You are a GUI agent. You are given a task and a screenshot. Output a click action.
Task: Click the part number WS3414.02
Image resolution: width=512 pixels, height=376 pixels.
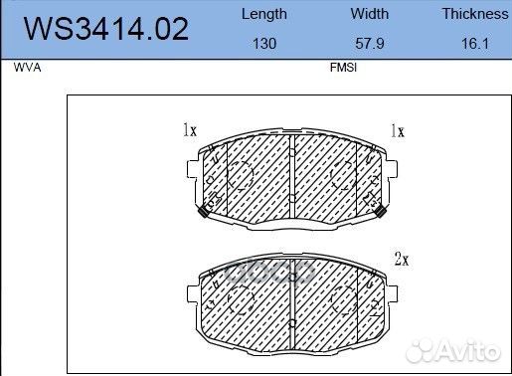click(106, 29)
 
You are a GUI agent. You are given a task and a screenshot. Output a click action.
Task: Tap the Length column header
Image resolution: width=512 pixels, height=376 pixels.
click(264, 14)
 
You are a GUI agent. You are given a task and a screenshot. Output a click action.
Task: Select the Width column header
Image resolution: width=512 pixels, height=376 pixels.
click(370, 14)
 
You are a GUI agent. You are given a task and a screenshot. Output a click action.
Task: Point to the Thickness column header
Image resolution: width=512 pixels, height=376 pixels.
click(475, 14)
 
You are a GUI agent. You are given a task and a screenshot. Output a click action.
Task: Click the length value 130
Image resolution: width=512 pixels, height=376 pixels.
click(264, 44)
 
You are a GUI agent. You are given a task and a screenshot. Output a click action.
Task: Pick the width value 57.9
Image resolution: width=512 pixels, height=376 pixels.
click(370, 44)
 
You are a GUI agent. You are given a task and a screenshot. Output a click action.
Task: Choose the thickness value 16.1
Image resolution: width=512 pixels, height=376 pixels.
click(475, 44)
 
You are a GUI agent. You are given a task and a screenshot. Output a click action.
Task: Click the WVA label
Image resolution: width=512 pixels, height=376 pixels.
click(27, 68)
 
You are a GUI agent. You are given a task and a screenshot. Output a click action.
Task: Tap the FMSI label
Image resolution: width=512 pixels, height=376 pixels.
click(343, 68)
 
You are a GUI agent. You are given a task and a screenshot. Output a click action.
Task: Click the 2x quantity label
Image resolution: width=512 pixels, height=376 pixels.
click(402, 259)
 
